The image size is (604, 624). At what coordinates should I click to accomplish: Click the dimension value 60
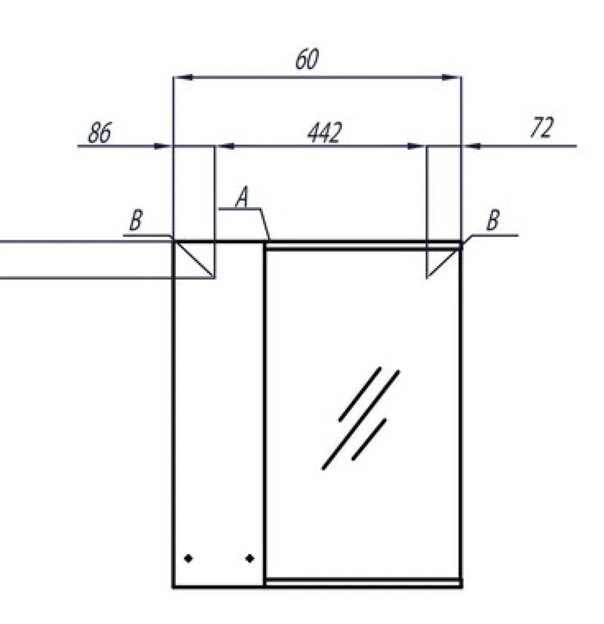tap(307, 59)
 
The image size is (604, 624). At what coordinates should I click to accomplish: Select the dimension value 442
tap(324, 133)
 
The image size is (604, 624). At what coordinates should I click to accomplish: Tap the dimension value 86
tap(100, 133)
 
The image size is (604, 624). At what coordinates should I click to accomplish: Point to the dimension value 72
tap(542, 127)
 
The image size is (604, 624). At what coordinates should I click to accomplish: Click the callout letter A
tap(242, 198)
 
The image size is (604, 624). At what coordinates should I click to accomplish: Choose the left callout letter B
tap(136, 220)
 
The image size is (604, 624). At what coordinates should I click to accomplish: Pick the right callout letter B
tap(493, 220)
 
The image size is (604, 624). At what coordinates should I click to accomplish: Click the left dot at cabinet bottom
tap(188, 558)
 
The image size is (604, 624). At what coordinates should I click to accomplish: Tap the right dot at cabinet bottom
tap(250, 558)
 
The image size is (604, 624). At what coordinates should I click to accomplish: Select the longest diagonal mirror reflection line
tap(360, 420)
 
